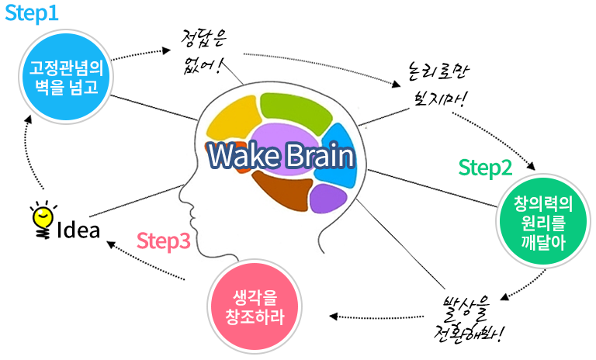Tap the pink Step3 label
[164, 241]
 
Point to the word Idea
[79, 230]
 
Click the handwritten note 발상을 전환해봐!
[469, 319]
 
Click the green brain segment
[296, 109]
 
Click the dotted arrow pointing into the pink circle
[380, 317]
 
